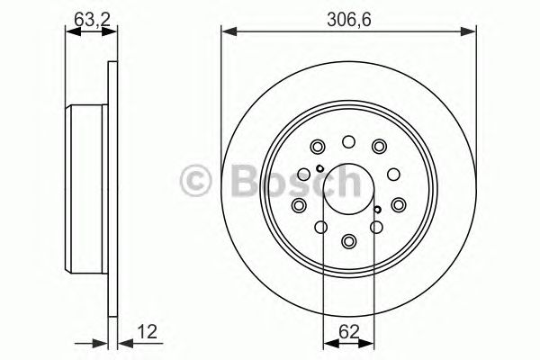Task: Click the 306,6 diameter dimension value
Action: (348, 15)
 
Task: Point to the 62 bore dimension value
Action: (348, 329)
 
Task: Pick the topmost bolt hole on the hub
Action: (349, 141)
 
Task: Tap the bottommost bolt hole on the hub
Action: (349, 240)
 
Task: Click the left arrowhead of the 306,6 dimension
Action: (227, 32)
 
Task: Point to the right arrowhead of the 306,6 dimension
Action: (472, 32)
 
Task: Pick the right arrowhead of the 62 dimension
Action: (371, 342)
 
